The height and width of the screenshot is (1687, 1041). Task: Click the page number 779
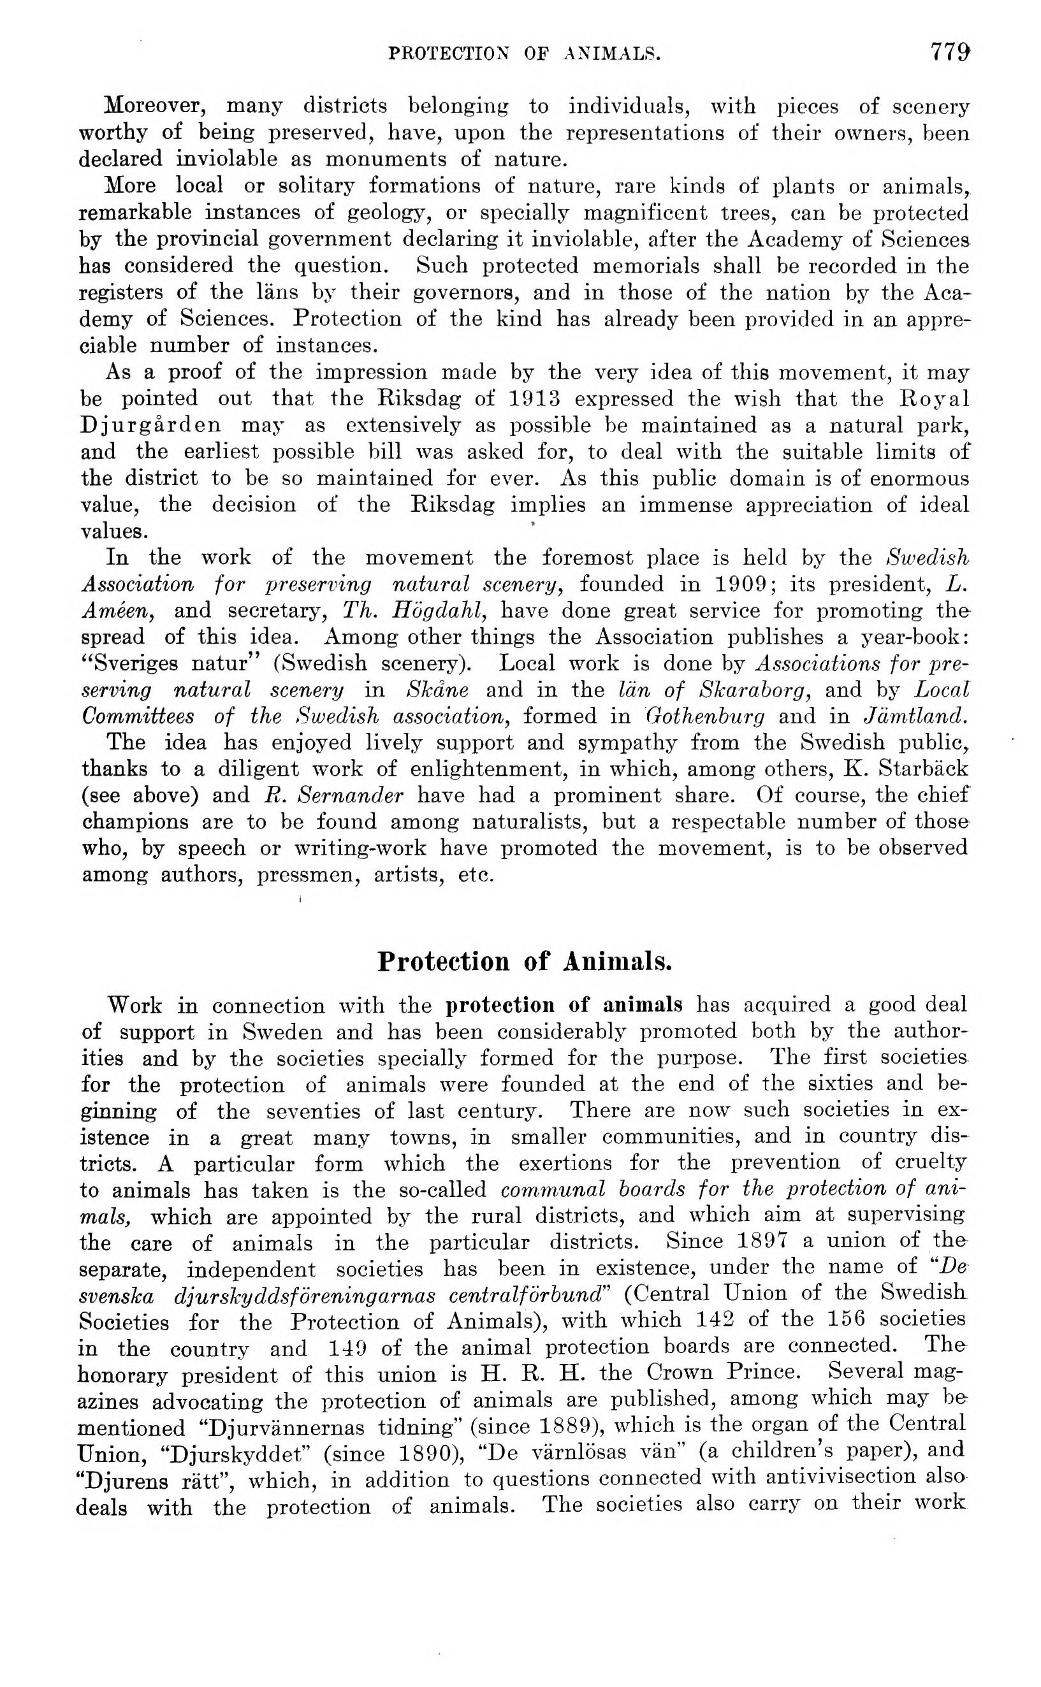949,52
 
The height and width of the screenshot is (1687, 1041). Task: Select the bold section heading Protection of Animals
525,961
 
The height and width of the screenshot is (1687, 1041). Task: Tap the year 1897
762,1240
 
